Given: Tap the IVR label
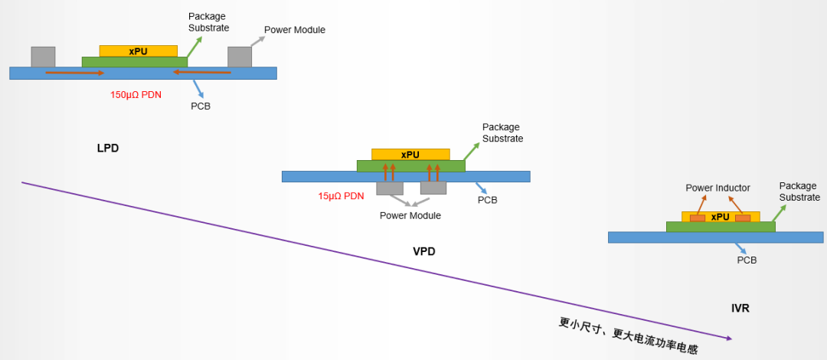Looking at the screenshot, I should point(740,308).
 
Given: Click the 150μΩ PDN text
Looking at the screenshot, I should point(141,95).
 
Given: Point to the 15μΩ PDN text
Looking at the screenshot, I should point(341,196).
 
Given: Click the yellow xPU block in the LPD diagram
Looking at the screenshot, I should point(139,51).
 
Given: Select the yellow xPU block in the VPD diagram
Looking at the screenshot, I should point(410,154).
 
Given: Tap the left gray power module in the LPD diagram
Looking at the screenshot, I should point(43,57).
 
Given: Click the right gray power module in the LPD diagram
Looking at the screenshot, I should point(240,57).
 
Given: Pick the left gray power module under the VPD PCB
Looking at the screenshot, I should point(390,188).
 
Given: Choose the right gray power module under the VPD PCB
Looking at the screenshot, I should point(433,188).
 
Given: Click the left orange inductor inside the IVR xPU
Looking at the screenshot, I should point(698,218).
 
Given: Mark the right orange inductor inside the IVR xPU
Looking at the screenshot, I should point(743,218).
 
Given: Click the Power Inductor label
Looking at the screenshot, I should point(717,188).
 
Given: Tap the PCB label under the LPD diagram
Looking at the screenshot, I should point(201,106).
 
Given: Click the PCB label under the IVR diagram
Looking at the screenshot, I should point(747,260).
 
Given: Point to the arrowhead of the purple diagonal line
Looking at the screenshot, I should point(729,338).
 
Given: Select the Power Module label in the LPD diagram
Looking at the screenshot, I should point(295,30).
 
